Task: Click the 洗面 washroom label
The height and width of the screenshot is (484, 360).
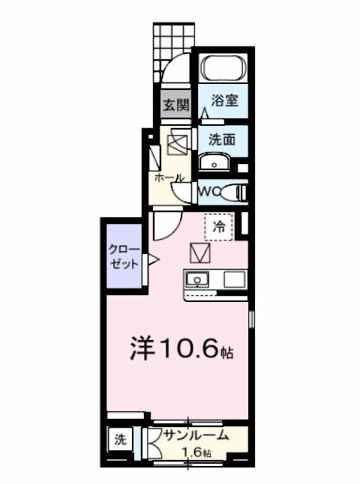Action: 223,139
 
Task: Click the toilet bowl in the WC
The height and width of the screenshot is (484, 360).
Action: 235,193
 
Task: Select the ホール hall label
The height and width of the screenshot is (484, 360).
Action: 169,178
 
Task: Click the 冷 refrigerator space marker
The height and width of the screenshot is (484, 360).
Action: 219,226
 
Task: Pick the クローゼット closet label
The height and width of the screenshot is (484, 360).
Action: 124,256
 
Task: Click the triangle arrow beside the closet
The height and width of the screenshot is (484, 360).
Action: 153,260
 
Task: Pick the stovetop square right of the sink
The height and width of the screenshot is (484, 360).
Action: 233,280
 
